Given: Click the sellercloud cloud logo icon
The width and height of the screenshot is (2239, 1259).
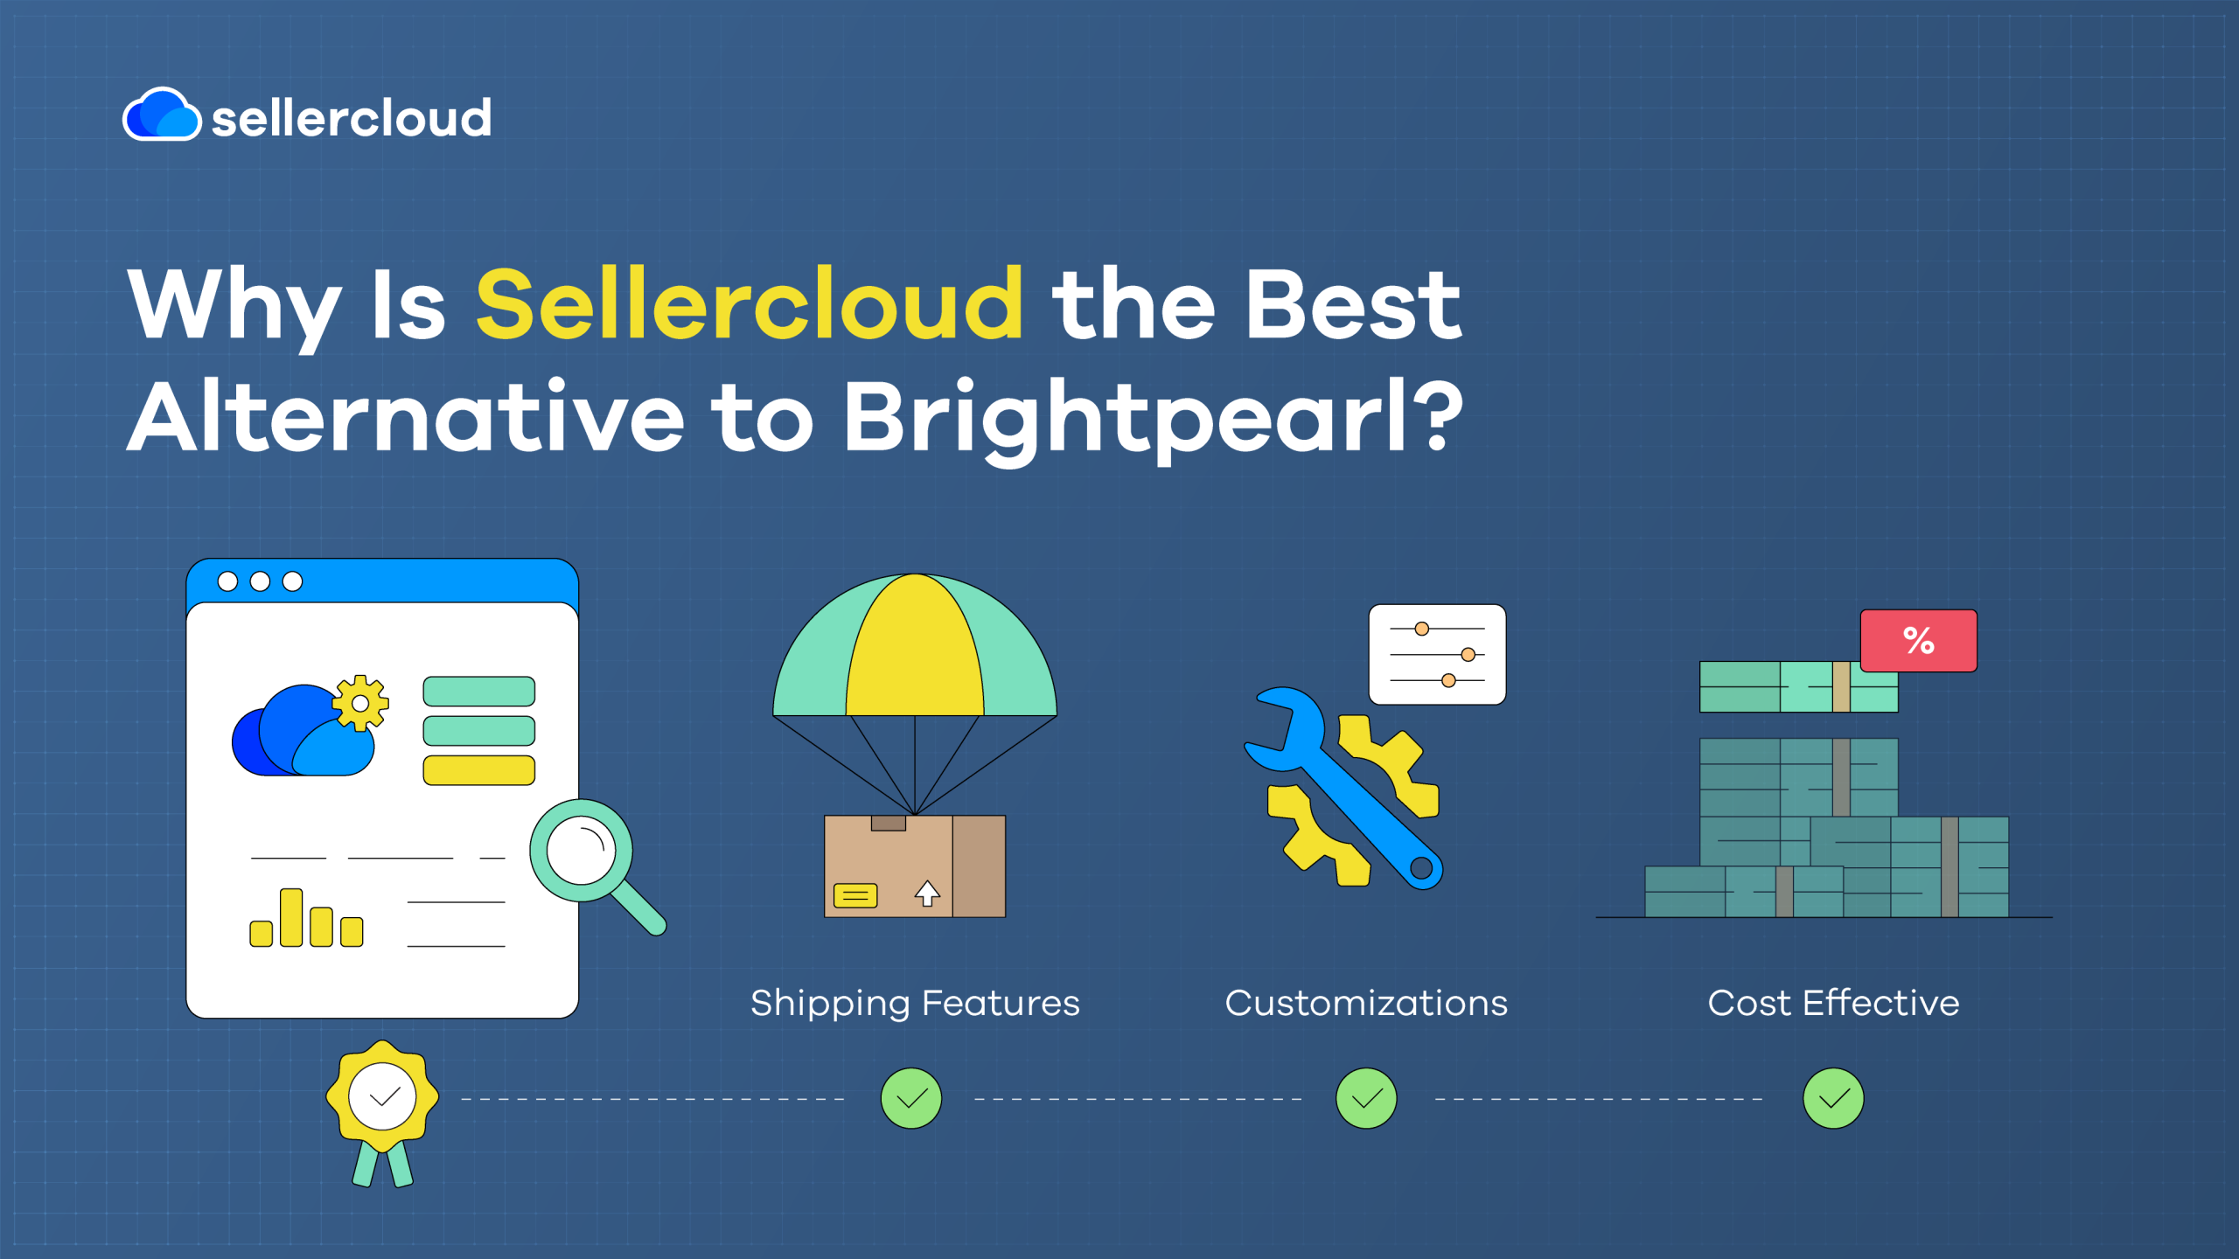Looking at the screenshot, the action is pyautogui.click(x=162, y=115).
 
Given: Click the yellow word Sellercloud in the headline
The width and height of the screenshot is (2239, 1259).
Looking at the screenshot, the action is pyautogui.click(x=750, y=303).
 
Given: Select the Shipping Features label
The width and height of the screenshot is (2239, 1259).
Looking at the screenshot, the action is pyautogui.click(x=915, y=1004).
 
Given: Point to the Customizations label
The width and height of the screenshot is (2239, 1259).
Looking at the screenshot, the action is pyautogui.click(x=1366, y=1003).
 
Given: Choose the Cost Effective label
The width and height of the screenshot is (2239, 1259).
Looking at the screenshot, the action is pyautogui.click(x=1833, y=1003).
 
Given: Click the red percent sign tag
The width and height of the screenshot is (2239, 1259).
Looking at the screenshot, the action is pyautogui.click(x=1918, y=641).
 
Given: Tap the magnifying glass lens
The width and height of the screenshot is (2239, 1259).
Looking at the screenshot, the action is pyautogui.click(x=581, y=851).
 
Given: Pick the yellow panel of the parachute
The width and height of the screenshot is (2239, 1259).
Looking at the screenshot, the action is pyautogui.click(x=915, y=647).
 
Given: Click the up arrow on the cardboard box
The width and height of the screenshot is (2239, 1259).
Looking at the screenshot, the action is pyautogui.click(x=927, y=893).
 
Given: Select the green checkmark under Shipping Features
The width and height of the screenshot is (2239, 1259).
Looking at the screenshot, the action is pyautogui.click(x=911, y=1098).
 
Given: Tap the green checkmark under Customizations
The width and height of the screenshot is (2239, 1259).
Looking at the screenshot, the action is pyautogui.click(x=1366, y=1098).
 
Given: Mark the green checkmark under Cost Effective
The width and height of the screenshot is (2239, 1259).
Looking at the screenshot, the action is pyautogui.click(x=1833, y=1098).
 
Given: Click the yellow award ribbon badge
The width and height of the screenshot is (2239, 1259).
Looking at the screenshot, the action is pyautogui.click(x=382, y=1097).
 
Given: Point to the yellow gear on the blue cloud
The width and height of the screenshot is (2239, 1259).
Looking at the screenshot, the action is pyautogui.click(x=360, y=703).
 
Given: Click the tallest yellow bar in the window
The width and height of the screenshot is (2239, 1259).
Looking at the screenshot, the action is pyautogui.click(x=291, y=917).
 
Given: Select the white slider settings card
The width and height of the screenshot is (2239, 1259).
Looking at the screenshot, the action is pyautogui.click(x=1437, y=654).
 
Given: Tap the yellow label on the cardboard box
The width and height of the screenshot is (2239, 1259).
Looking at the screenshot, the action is pyautogui.click(x=855, y=895).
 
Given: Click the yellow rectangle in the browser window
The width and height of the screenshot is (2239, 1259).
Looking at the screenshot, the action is pyautogui.click(x=479, y=770).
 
